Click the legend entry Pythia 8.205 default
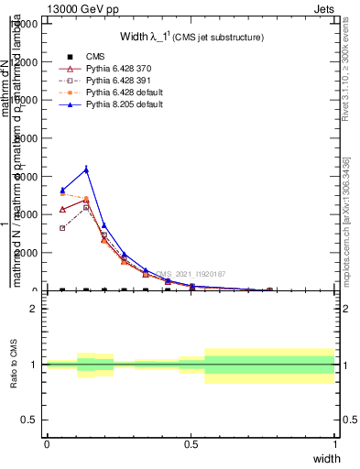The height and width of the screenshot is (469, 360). (x=124, y=104)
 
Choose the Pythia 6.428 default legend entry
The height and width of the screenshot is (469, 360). (x=124, y=93)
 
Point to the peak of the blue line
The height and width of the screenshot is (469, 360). (x=86, y=169)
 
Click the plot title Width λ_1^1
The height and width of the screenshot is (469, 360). (x=191, y=38)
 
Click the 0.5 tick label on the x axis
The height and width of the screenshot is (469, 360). (x=191, y=444)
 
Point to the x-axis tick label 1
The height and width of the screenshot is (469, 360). (x=334, y=444)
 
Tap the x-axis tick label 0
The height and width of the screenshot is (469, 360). (x=47, y=444)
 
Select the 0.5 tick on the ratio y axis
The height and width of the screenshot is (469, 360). (x=30, y=420)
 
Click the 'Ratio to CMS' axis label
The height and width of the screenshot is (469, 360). (x=15, y=365)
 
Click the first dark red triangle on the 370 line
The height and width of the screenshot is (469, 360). (x=62, y=210)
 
